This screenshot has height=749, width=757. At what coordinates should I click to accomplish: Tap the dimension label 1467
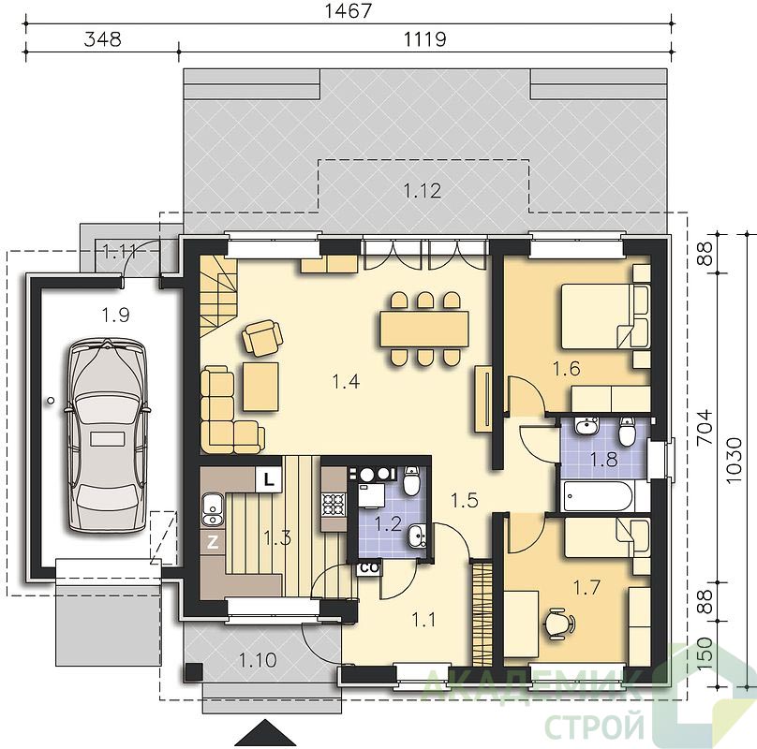coord(349,10)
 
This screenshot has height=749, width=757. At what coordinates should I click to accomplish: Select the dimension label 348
coord(102,38)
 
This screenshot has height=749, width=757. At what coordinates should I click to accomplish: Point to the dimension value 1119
coord(424,38)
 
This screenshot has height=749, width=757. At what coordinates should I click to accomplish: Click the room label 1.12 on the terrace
coord(423,191)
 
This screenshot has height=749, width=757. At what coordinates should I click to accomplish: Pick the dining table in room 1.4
coord(424,329)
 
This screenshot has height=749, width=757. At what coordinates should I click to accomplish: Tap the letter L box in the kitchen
coord(268,479)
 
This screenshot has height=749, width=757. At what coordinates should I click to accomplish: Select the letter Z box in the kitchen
coord(212,543)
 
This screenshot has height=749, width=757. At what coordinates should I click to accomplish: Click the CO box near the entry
coord(369,568)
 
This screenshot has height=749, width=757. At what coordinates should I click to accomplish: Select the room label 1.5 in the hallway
coord(465,501)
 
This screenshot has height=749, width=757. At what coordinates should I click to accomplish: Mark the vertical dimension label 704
coord(705,428)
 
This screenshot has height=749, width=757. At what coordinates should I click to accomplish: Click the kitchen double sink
coord(212,509)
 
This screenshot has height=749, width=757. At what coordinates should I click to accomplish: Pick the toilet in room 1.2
coord(411,481)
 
